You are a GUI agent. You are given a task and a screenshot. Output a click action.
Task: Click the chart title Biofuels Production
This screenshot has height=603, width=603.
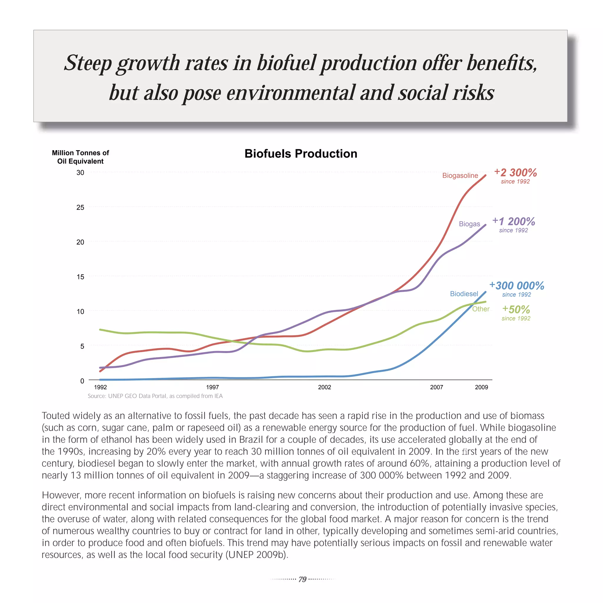(301, 154)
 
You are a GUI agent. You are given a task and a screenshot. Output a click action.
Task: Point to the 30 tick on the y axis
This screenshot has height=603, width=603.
(80, 173)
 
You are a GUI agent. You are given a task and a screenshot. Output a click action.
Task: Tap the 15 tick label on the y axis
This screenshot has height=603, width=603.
(80, 277)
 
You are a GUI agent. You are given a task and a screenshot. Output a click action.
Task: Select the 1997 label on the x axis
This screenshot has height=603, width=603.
(212, 387)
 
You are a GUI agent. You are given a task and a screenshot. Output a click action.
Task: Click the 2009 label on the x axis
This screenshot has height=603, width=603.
(481, 387)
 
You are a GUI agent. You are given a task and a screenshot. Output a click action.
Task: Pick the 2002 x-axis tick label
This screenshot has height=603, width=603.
(324, 387)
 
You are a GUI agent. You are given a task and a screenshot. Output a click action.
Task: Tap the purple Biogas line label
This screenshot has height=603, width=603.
(469, 224)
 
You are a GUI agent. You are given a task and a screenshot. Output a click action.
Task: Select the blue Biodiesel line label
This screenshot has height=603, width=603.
(464, 294)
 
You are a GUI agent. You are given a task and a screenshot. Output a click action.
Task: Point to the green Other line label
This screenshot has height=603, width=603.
(480, 309)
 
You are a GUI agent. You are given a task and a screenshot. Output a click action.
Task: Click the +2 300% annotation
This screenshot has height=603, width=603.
(515, 173)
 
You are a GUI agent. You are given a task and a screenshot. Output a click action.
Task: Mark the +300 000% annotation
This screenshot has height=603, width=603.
(516, 286)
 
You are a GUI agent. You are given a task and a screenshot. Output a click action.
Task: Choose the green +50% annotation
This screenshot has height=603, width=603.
(516, 310)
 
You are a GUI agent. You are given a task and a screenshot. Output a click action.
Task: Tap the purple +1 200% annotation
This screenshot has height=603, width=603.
(513, 222)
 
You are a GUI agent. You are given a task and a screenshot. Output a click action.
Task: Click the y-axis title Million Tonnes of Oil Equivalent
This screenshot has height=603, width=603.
(80, 157)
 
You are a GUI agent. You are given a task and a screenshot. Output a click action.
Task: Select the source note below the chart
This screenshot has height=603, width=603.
(155, 396)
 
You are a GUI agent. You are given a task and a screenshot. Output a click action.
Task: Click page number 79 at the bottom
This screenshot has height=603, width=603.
(302, 579)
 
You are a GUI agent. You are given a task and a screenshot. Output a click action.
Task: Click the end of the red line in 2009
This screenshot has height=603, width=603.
(485, 175)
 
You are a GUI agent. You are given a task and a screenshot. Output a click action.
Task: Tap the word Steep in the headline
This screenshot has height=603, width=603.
(88, 63)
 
